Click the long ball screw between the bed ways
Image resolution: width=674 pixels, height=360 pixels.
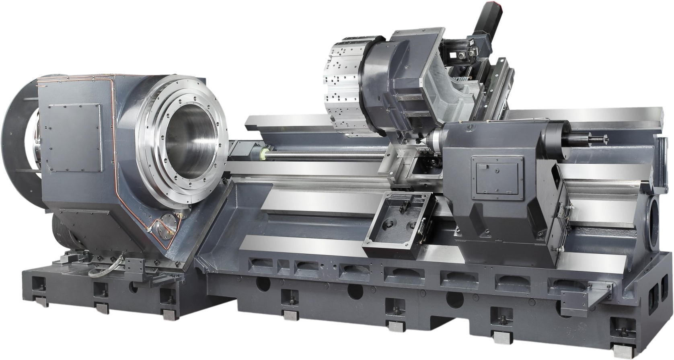[322, 158]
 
